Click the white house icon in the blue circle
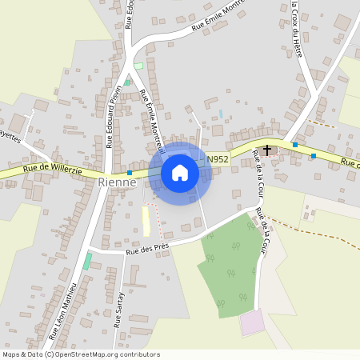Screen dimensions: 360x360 (180, 173)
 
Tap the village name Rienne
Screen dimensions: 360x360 (118, 182)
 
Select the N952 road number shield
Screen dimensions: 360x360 (218, 160)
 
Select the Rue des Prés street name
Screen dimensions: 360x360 (146, 249)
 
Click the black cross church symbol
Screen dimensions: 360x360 (266, 149)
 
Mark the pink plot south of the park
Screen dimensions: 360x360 (252, 323)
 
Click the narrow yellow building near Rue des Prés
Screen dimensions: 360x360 (146, 222)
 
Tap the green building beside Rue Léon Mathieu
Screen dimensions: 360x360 (87, 261)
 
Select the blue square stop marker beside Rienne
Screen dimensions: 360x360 (130, 173)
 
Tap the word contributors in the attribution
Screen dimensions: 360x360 (141, 354)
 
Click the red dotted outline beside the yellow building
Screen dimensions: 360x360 (158, 220)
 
